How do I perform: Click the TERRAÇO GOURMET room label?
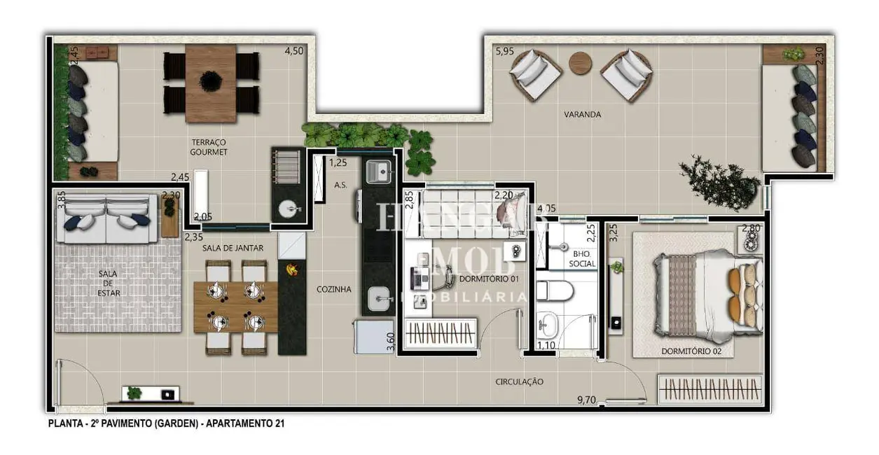pyautogui.click(x=209, y=146)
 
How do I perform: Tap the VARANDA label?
pyautogui.click(x=583, y=114)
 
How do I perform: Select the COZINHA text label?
pyautogui.click(x=333, y=288)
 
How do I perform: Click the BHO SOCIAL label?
pyautogui.click(x=584, y=259)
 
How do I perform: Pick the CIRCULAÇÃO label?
pyautogui.click(x=519, y=381)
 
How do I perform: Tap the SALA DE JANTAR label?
pyautogui.click(x=223, y=248)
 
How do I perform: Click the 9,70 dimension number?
pyautogui.click(x=587, y=400)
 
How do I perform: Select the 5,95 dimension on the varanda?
pyautogui.click(x=504, y=51)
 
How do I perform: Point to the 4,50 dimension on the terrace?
pyautogui.click(x=293, y=50)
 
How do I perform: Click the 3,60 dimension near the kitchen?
pyautogui.click(x=390, y=341)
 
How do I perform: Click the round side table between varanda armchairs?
pyautogui.click(x=580, y=63)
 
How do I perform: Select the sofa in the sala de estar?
pyautogui.click(x=106, y=219)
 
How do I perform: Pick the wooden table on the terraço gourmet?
pyautogui.click(x=210, y=83)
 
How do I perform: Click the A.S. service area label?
pyautogui.click(x=341, y=185)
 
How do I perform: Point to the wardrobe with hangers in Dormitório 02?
pyautogui.click(x=710, y=388)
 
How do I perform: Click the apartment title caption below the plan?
pyautogui.click(x=166, y=423)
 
